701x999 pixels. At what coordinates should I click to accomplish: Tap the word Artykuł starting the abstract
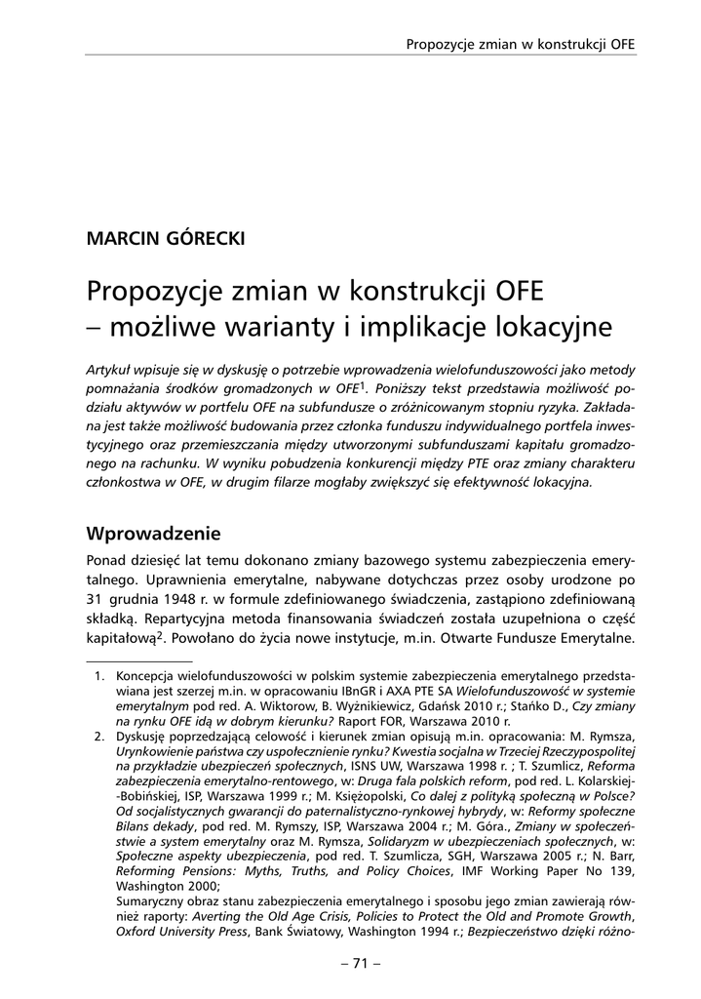click(x=110, y=370)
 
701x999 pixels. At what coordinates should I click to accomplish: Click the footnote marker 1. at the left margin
click(x=97, y=674)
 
